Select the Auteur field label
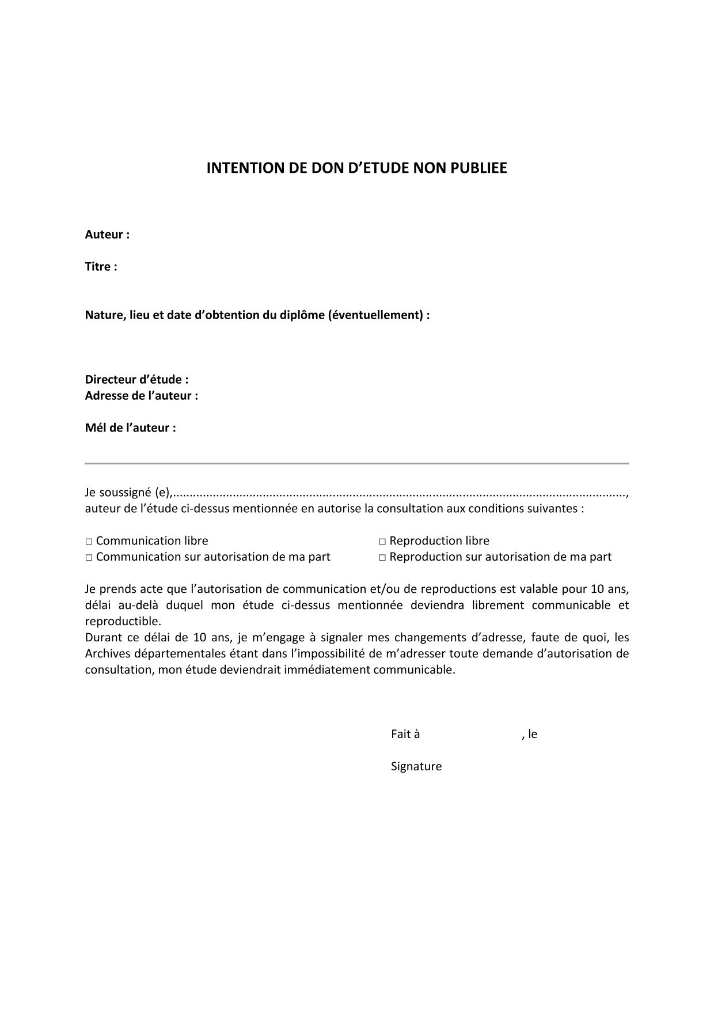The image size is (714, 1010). click(x=107, y=234)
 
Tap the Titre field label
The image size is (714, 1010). click(x=101, y=267)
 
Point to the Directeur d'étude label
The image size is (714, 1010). click(x=137, y=380)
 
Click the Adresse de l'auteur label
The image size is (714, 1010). click(x=142, y=396)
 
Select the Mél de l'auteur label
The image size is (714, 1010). click(x=131, y=428)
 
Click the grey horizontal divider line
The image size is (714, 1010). click(x=356, y=463)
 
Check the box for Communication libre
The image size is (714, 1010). click(x=89, y=542)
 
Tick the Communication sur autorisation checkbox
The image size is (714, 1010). click(x=89, y=558)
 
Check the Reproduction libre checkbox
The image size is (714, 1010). click(x=382, y=542)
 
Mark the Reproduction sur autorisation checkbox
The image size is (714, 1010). click(x=382, y=558)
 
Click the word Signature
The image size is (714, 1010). click(x=416, y=767)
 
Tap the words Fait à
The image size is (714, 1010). click(x=405, y=735)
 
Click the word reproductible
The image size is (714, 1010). click(x=123, y=622)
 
